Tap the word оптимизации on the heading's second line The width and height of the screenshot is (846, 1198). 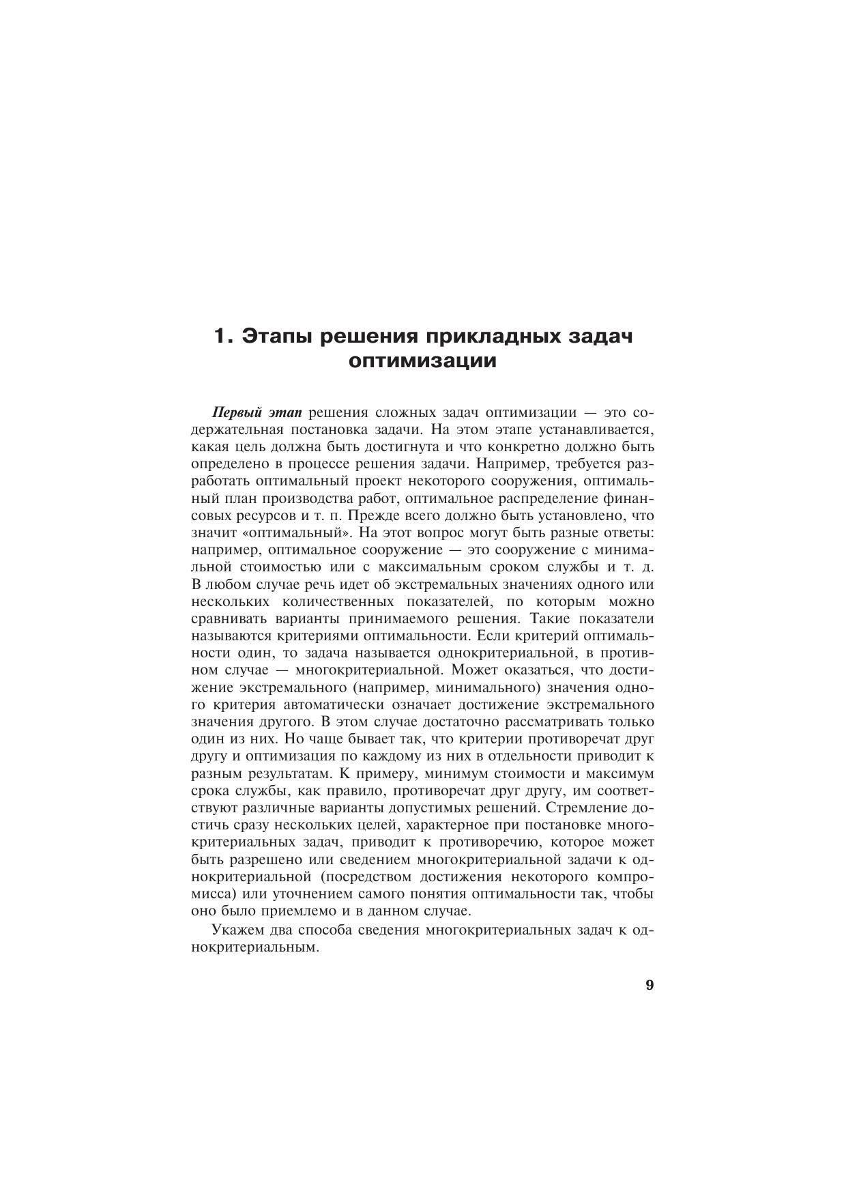tap(422, 361)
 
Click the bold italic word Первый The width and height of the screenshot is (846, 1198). tap(235, 413)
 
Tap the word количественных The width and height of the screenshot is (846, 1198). tap(340, 601)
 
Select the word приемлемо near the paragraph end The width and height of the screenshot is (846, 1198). tap(295, 911)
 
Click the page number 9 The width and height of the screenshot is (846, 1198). tap(650, 984)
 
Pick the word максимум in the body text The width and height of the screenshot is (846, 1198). tap(624, 773)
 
